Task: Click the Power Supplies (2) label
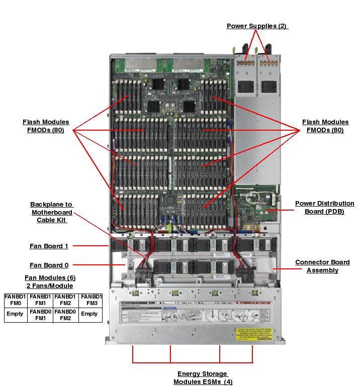257,26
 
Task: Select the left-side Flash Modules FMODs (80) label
46,126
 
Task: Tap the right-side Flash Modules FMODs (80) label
325,126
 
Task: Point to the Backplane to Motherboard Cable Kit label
51,212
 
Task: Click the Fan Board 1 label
49,246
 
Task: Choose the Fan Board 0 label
49,265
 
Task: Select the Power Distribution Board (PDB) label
324,207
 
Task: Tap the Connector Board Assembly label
322,266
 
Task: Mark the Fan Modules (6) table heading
50,281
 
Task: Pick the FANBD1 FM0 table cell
16,300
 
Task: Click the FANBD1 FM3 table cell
91,300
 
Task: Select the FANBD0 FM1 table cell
41,315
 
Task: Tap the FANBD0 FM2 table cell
66,315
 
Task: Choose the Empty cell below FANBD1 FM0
16,314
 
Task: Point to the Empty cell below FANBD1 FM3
91,314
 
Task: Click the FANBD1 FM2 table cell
66,300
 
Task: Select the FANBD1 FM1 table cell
41,300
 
